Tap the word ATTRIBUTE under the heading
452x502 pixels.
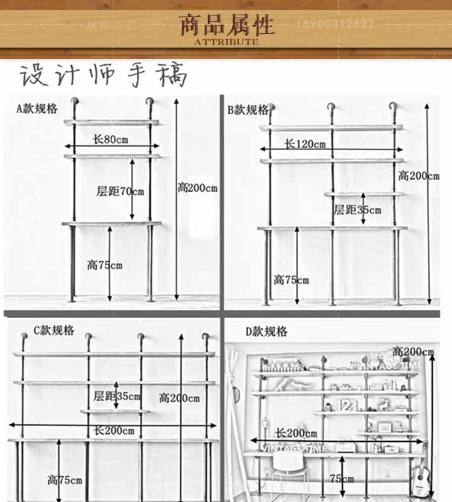pyautogui.click(x=226, y=42)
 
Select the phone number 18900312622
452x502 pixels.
pyautogui.click(x=334, y=24)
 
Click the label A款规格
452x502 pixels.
pyautogui.click(x=37, y=108)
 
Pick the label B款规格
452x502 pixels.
pyautogui.click(x=248, y=110)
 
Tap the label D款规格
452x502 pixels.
pyautogui.click(x=266, y=331)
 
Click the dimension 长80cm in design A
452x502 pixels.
pyautogui.click(x=110, y=139)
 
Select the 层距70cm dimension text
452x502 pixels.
pyautogui.click(x=121, y=192)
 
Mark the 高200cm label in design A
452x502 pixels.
pyautogui.click(x=198, y=187)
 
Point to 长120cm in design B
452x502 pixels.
pyautogui.click(x=304, y=144)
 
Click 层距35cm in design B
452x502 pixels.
pyautogui.click(x=357, y=210)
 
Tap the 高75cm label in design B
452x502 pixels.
pyautogui.click(x=291, y=280)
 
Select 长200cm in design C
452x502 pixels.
pyautogui.click(x=114, y=430)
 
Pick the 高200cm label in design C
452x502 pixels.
pyautogui.click(x=179, y=398)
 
